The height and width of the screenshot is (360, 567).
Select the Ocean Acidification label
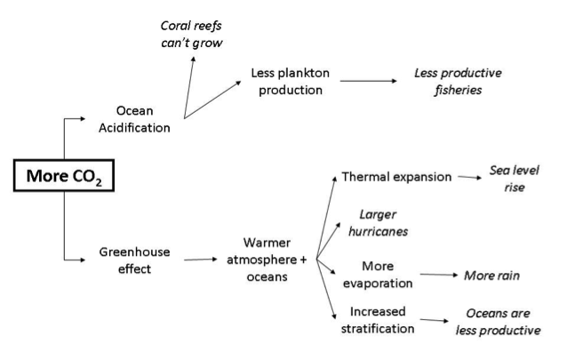pyautogui.click(x=143, y=120)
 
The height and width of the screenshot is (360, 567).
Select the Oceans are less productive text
pyautogui.click(x=502, y=323)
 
